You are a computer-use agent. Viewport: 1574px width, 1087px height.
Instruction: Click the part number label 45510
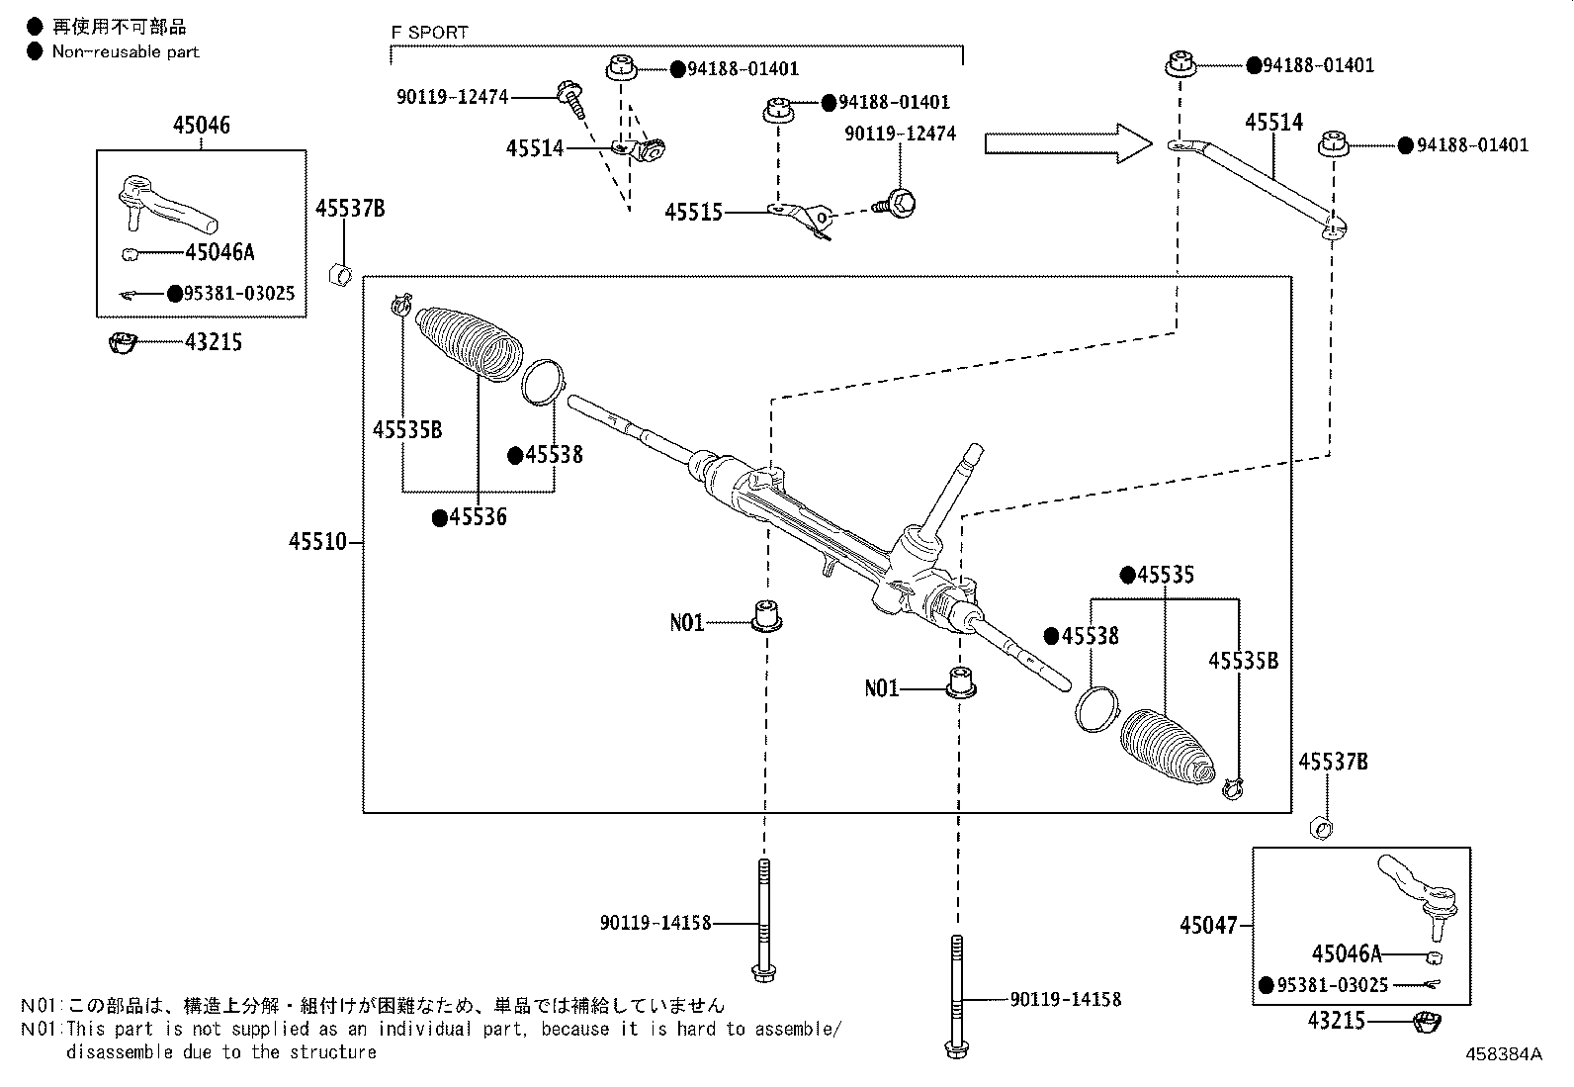[317, 542]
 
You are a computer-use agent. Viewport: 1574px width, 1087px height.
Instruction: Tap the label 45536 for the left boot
[478, 517]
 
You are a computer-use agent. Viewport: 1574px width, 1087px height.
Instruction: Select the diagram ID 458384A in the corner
[1503, 1054]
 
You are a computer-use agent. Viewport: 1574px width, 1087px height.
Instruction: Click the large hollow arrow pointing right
[1068, 144]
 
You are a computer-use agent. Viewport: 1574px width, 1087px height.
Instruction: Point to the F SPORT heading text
[429, 32]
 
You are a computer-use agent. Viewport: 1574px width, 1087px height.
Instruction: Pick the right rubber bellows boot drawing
[1167, 746]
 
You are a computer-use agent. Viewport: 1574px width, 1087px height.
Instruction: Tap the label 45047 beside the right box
[1207, 926]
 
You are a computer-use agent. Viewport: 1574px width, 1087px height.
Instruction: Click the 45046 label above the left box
[201, 125]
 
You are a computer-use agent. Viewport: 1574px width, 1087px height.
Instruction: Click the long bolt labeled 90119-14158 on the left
[763, 920]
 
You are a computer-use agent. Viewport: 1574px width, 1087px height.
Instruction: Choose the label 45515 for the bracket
[693, 213]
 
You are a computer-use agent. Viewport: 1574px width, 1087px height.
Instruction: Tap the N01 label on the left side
[686, 623]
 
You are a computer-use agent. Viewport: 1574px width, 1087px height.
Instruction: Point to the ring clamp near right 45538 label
[1094, 708]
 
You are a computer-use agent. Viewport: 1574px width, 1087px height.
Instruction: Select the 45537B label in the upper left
[350, 208]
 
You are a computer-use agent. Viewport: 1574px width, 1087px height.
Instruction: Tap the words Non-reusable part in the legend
[126, 51]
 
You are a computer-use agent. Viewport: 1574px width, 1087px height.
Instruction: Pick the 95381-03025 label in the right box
[1333, 985]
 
